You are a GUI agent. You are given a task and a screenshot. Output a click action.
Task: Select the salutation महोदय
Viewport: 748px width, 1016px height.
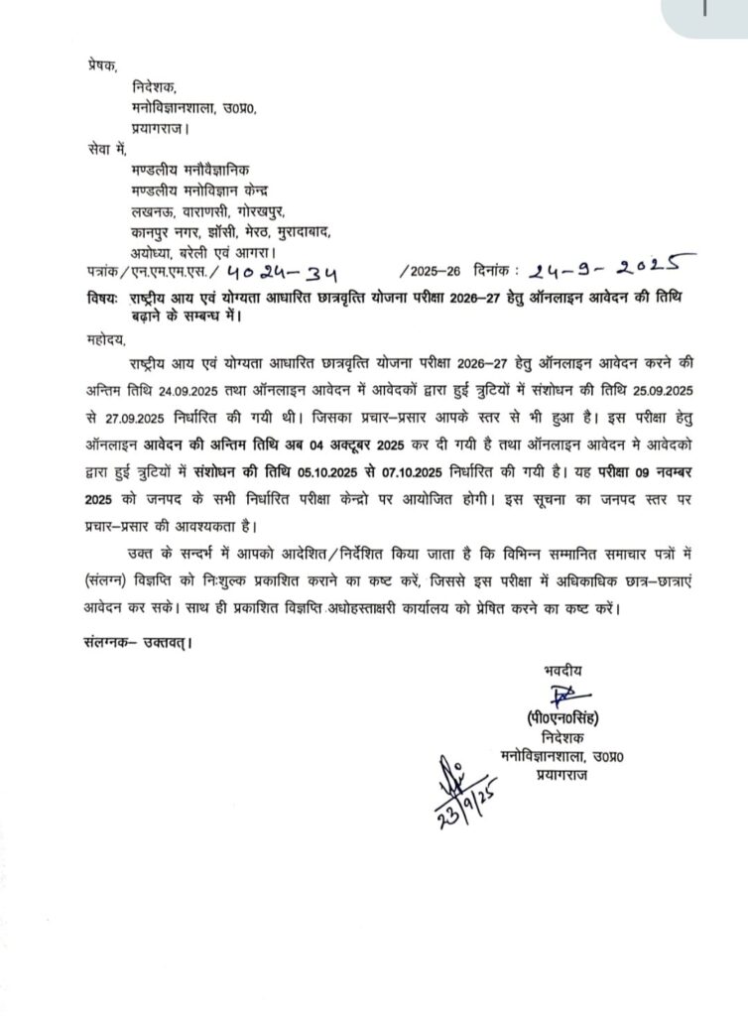click(x=102, y=337)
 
